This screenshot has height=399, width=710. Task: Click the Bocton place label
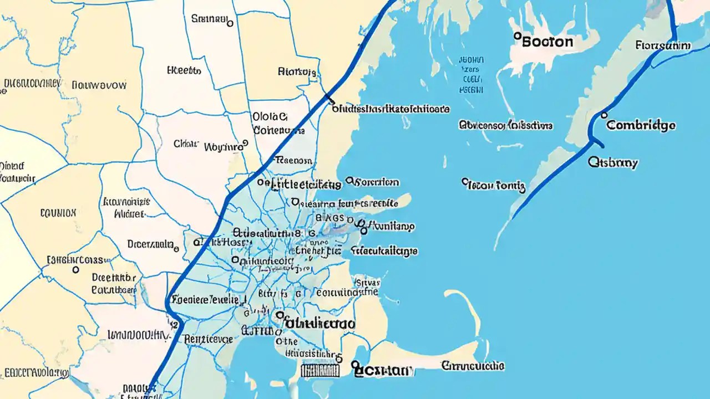click(x=547, y=42)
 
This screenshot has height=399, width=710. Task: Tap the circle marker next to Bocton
click(x=517, y=36)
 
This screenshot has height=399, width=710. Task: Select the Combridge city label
click(x=641, y=125)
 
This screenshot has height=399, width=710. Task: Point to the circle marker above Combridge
click(x=604, y=115)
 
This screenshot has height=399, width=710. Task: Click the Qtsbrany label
click(x=613, y=163)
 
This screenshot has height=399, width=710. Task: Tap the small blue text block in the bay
click(x=471, y=74)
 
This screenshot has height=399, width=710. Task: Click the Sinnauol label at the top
click(x=210, y=19)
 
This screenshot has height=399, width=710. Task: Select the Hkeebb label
click(x=184, y=71)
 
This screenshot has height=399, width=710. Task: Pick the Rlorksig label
click(x=297, y=71)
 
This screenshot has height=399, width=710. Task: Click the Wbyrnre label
click(x=225, y=147)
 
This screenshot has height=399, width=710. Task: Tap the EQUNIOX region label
click(x=58, y=212)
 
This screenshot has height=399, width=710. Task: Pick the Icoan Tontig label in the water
click(x=495, y=185)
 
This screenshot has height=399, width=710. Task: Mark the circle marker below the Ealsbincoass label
click(x=75, y=270)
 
